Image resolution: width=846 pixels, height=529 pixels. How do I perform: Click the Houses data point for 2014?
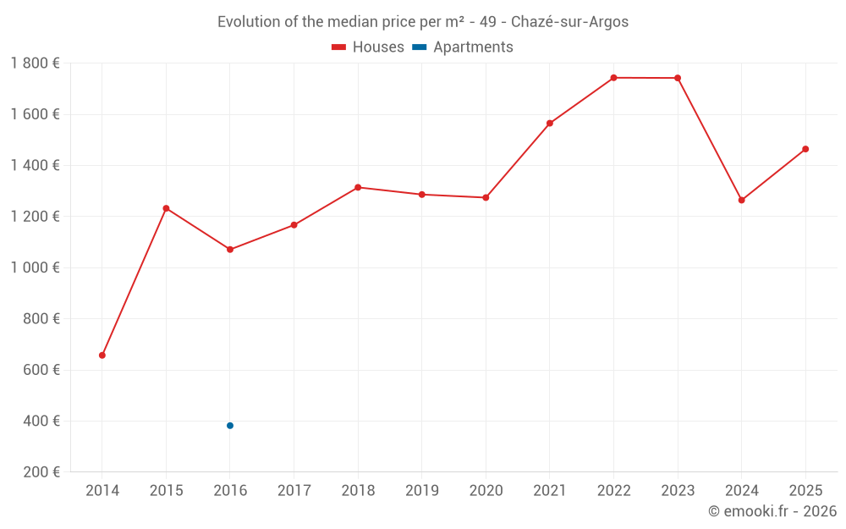point(102,355)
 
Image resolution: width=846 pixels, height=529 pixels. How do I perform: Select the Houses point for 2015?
point(166,208)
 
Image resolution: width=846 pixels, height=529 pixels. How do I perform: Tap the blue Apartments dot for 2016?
point(230,426)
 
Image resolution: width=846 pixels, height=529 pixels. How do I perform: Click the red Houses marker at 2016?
point(230,250)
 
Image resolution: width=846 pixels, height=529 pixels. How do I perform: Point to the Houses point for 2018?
point(358,187)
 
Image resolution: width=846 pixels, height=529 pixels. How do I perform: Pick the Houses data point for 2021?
point(550,124)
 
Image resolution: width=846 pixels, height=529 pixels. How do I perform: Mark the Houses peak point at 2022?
point(613,78)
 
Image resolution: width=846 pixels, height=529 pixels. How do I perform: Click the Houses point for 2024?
point(742,201)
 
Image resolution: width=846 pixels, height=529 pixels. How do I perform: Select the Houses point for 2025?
point(805,149)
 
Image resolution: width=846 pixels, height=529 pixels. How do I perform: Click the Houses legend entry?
point(368,47)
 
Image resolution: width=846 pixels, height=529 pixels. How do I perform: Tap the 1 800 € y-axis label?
point(35,63)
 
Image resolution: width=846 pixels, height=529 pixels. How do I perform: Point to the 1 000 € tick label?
point(35,267)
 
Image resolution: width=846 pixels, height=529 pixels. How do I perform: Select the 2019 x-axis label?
point(422,491)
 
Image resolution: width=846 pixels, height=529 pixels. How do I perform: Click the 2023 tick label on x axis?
point(678,491)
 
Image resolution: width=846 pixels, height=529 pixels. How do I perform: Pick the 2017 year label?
point(294,491)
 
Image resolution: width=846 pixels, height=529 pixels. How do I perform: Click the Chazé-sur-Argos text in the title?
point(569,22)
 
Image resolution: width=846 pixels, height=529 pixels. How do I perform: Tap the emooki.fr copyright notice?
point(772,511)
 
